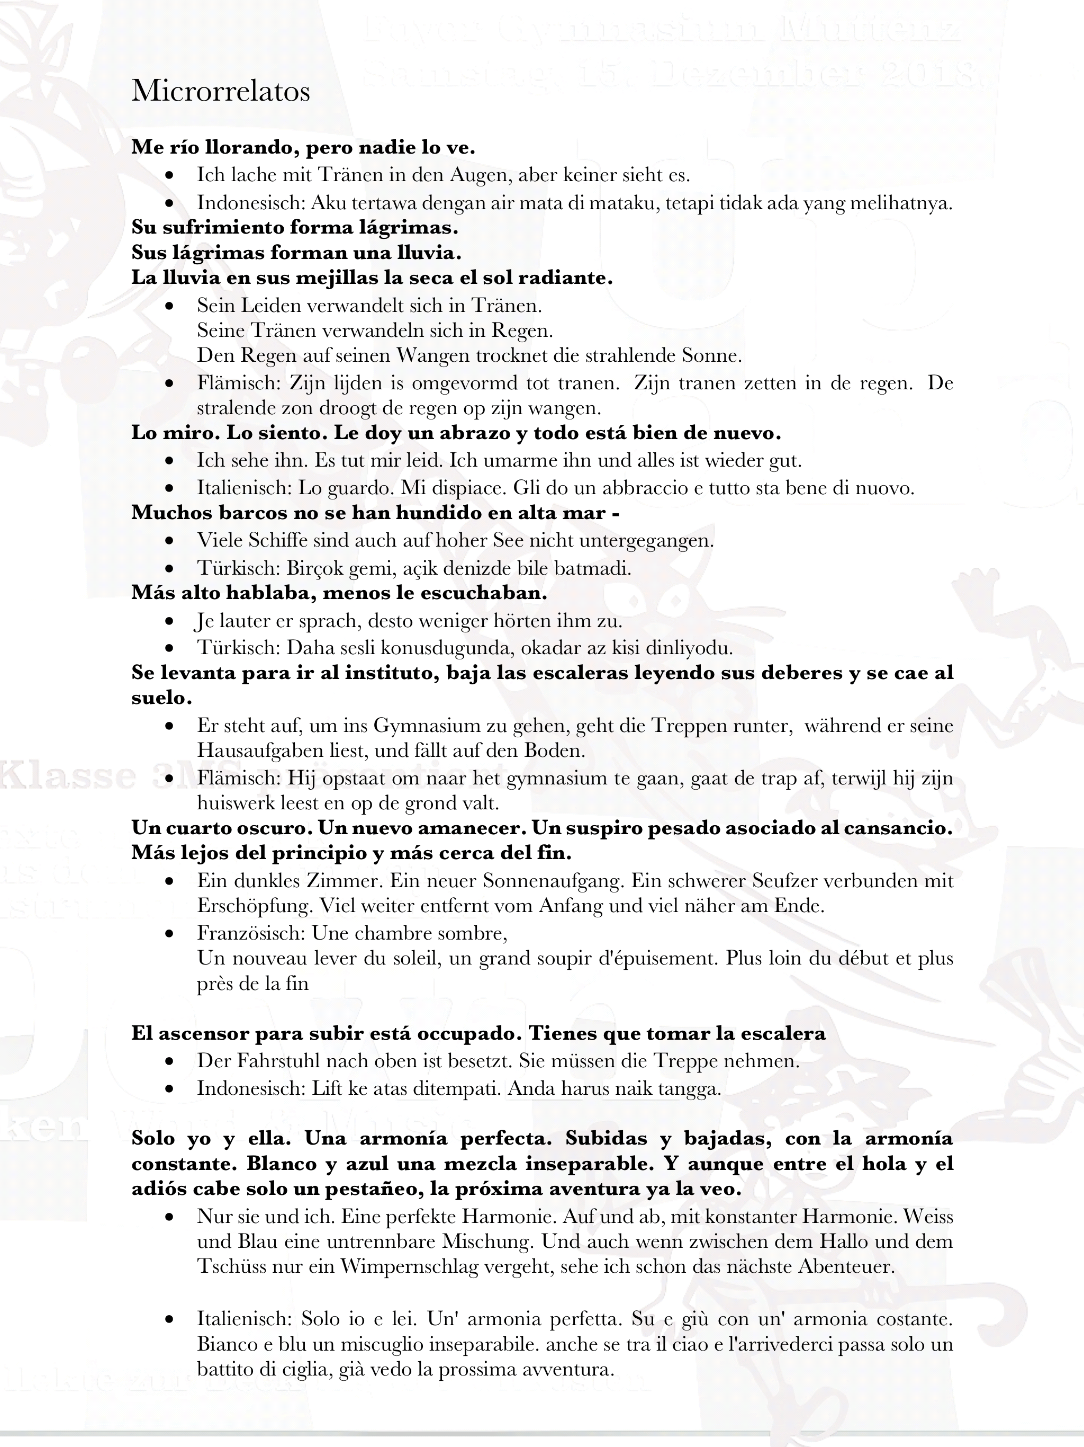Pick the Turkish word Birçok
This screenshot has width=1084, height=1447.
pyautogui.click(x=317, y=568)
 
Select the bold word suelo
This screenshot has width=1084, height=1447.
pyautogui.click(x=161, y=698)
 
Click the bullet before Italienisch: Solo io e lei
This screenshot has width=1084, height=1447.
pyautogui.click(x=170, y=1319)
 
